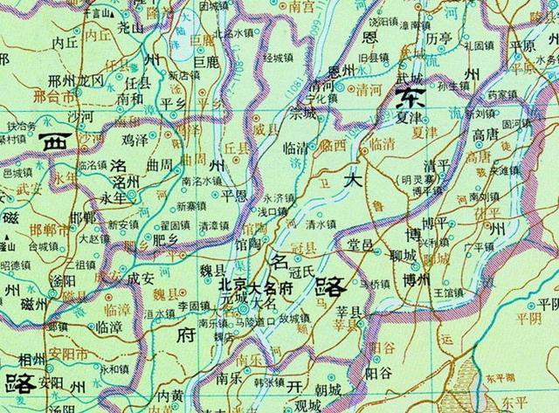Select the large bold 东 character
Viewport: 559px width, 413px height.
413,95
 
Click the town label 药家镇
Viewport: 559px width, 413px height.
501,94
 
